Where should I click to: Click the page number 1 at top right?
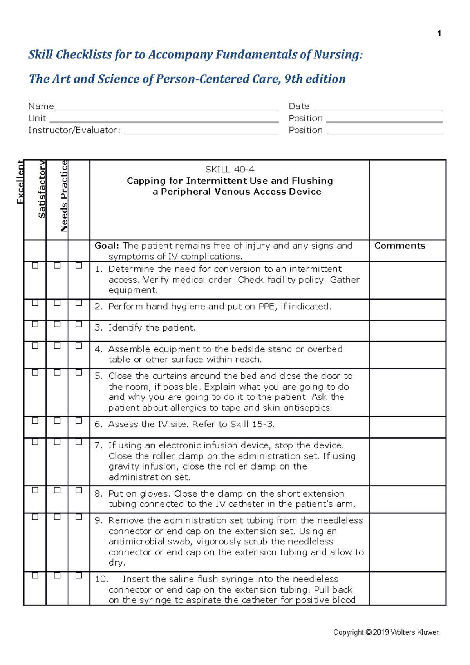(439, 33)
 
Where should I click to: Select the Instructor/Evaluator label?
(74, 130)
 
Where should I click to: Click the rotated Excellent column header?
(20, 183)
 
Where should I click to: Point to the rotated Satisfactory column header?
(42, 189)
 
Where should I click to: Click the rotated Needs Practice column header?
(64, 196)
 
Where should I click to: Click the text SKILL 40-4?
(230, 170)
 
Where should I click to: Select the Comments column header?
(399, 246)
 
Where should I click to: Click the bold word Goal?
(107, 246)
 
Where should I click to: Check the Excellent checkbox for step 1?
(35, 266)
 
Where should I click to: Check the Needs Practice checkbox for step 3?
(79, 324)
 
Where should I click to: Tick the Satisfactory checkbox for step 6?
(57, 421)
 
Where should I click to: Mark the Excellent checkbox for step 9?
(35, 517)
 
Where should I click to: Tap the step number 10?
(101, 579)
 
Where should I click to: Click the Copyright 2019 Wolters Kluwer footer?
(386, 632)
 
